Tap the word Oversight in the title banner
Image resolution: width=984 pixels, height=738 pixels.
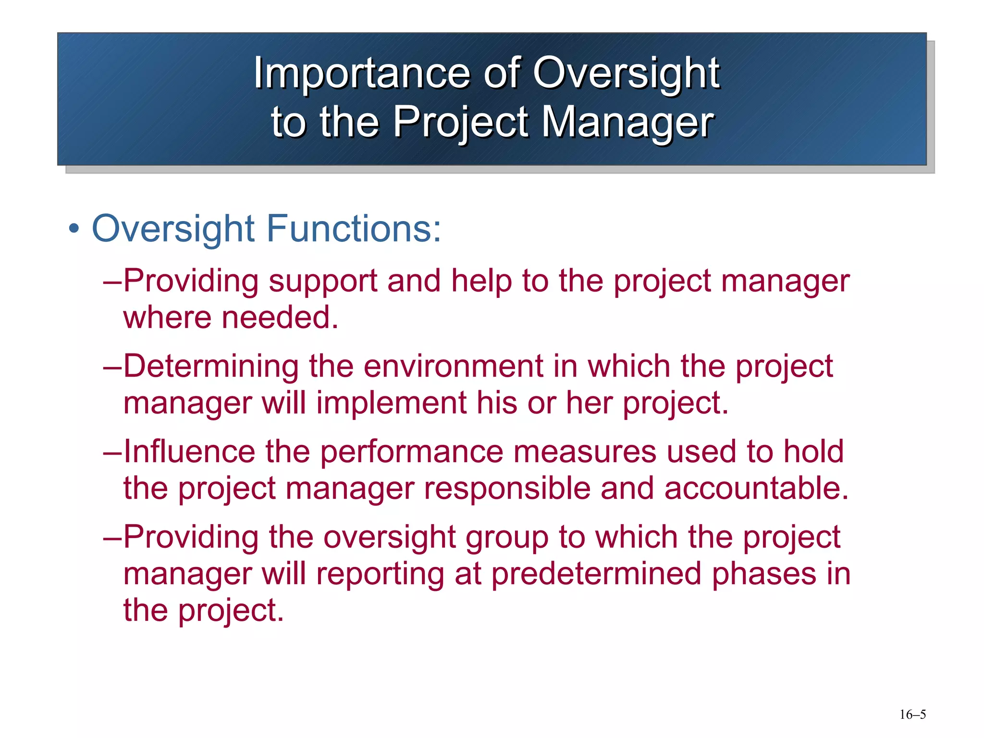click(627, 73)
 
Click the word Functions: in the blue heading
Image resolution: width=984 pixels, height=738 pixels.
click(354, 229)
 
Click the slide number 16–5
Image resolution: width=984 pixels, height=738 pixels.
click(912, 714)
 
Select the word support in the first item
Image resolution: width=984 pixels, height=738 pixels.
click(322, 281)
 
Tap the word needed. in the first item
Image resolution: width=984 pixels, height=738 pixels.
click(280, 318)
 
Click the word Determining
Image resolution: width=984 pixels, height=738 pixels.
click(211, 367)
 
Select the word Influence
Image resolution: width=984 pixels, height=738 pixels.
click(189, 452)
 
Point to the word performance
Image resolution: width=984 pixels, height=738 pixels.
click(411, 453)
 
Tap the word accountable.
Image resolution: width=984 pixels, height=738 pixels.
click(756, 488)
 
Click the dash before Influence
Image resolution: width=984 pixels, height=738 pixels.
click(112, 453)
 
